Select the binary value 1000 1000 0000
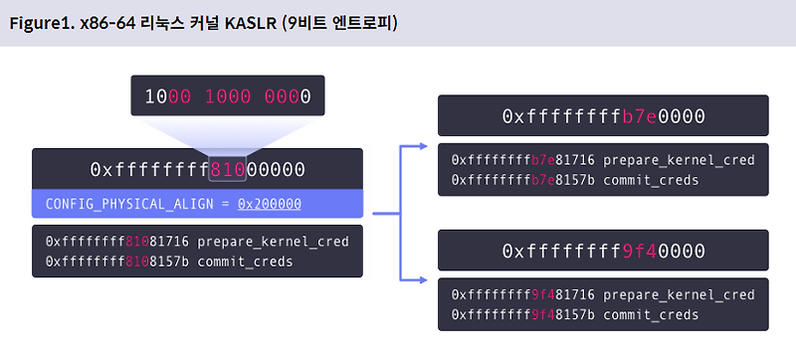(x=228, y=96)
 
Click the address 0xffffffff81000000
(x=197, y=169)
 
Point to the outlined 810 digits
(x=227, y=169)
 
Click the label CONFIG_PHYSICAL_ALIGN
(x=129, y=204)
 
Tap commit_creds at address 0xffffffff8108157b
(x=246, y=263)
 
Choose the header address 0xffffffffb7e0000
(x=603, y=116)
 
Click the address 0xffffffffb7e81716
(x=523, y=159)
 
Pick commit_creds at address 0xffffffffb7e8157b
(x=652, y=180)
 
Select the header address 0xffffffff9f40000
(x=603, y=251)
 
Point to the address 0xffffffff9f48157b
(x=523, y=315)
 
